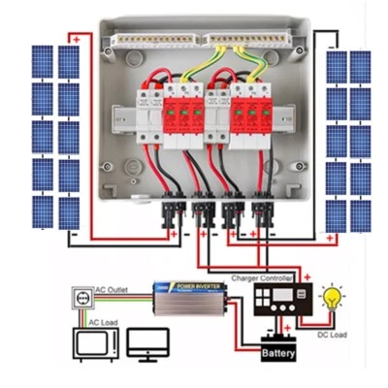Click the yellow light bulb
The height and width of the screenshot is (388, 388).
tap(336, 296)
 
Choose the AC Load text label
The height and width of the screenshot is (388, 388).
tap(106, 321)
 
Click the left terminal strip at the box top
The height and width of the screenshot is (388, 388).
tap(155, 42)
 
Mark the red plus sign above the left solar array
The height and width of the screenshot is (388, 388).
tap(75, 39)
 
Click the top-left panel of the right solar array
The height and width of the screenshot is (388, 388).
tap(337, 66)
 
